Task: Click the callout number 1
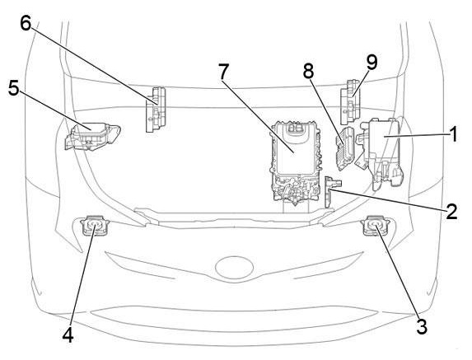pos(453,134)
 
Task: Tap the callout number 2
pos(451,212)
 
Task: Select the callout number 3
pos(422,326)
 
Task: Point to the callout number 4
pos(68,334)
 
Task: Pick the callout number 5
pos(14,88)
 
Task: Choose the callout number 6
pos(26,23)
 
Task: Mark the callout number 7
pos(224,72)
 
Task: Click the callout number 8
pos(308,71)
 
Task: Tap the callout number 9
pos(372,63)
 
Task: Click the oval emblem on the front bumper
pos(235,267)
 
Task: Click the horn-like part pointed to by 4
pos(95,226)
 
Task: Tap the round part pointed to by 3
pos(375,225)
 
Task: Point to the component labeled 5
pos(92,137)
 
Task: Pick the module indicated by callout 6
pos(156,110)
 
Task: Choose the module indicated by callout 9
pos(350,102)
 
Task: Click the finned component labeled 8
pos(345,148)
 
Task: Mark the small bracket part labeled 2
pos(330,192)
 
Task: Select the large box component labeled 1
pos(380,153)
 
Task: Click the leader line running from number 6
pos(94,66)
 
